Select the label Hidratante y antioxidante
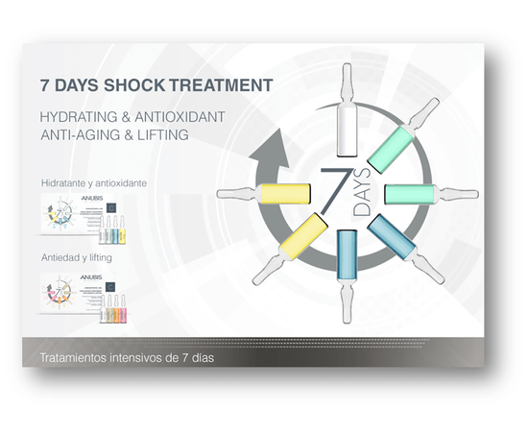tap(94, 182)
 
